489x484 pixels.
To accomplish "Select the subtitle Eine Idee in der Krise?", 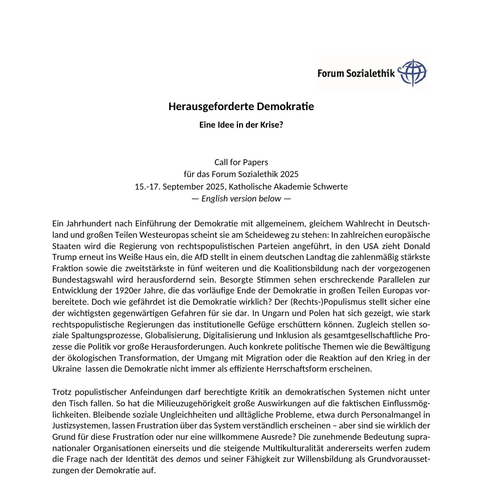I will pos(241,125).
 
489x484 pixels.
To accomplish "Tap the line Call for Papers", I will pos(241,162).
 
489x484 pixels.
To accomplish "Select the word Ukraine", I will pos(65,369).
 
